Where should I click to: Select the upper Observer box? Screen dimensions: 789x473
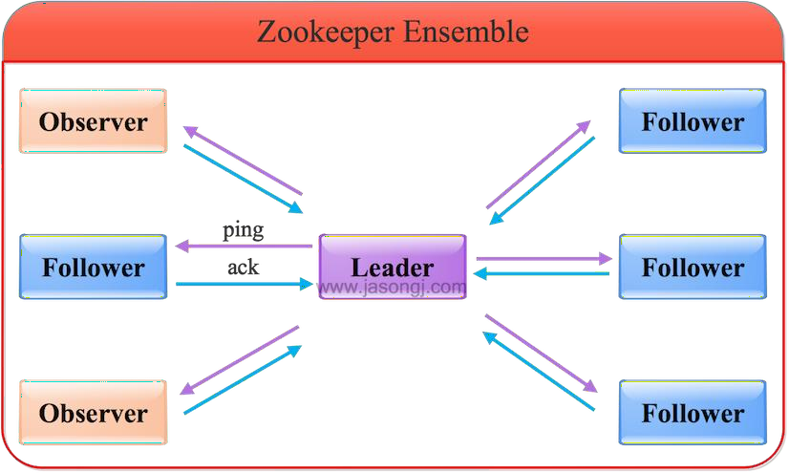94,121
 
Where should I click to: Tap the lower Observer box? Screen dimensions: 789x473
94,412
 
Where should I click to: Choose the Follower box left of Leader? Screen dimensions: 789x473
94,267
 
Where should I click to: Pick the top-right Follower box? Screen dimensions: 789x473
693,121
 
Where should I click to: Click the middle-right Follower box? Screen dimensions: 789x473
693,267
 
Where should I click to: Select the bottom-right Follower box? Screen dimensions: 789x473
693,412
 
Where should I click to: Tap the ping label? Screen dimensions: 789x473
243,230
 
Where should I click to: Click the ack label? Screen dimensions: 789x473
243,267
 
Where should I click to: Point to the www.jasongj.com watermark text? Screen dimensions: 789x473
392,286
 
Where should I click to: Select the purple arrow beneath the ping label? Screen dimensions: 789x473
244,247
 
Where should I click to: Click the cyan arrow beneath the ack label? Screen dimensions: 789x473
244,283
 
